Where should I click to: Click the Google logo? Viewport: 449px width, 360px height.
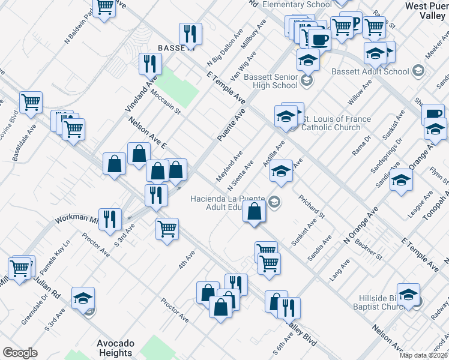point(20,353)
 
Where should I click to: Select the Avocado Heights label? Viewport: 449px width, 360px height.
point(115,348)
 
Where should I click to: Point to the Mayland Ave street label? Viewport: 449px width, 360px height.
point(229,167)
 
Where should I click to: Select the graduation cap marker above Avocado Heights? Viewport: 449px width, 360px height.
point(83,298)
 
